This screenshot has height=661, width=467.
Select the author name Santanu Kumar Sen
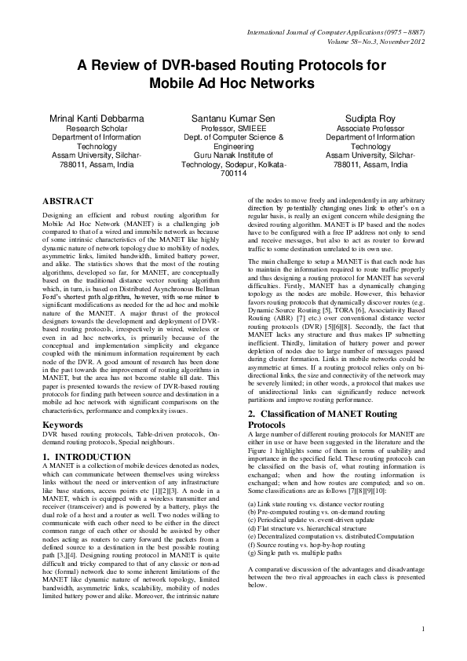point(233,115)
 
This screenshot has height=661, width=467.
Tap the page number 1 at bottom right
point(422,650)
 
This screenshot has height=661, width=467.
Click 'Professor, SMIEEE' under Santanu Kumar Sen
point(233,126)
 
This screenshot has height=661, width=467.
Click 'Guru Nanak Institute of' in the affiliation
point(233,155)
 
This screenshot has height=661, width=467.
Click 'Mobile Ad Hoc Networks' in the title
point(233,81)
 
